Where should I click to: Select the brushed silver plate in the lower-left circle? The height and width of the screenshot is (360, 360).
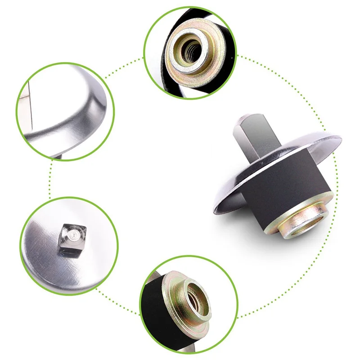point(49,261)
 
